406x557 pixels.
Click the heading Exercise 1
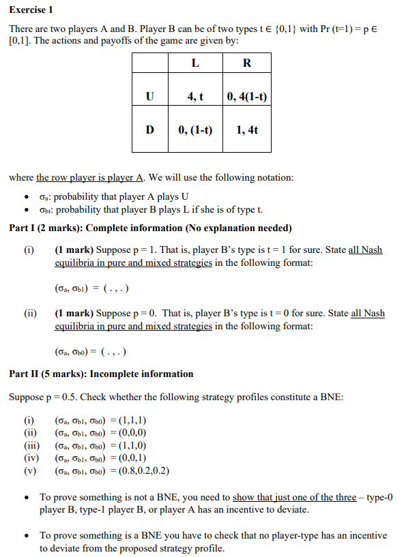click(31, 10)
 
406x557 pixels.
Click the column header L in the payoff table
click(195, 63)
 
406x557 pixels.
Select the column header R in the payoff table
click(246, 63)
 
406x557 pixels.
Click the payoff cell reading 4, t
click(195, 96)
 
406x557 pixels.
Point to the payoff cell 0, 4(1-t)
click(246, 96)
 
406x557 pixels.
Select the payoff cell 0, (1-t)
click(195, 129)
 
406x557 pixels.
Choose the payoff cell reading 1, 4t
click(246, 129)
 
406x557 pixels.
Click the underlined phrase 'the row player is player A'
click(89, 177)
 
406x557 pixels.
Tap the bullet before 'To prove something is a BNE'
click(25, 536)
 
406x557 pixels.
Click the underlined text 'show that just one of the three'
click(294, 498)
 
